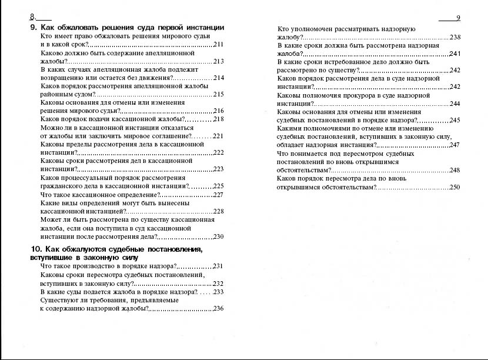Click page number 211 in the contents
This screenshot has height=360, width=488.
218,45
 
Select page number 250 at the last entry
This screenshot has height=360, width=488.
454,187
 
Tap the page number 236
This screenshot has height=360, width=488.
218,309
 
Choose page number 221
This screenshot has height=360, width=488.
218,136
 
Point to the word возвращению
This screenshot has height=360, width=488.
65,78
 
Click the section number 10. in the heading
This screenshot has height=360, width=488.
36,249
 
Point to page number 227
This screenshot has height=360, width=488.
218,195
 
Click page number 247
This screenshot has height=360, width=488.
454,145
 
